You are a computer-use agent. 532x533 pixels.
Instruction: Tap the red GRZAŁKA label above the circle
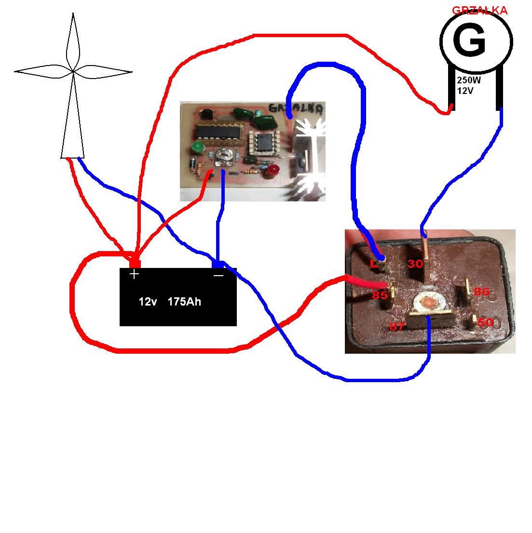coord(479,11)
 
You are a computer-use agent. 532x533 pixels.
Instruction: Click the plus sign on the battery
coord(134,274)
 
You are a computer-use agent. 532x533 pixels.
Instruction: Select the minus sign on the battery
coord(218,275)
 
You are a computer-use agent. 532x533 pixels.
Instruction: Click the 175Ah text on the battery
coord(184,302)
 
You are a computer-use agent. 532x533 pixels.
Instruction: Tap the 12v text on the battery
coord(148,302)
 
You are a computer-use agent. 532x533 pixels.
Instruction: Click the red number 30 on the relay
coord(415,264)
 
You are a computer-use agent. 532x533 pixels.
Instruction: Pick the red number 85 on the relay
coord(380,295)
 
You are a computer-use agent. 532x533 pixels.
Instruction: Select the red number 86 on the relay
coord(481,292)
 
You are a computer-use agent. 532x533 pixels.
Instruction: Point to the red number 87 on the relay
coord(397,326)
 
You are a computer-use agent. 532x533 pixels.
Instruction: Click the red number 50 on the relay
coord(485,322)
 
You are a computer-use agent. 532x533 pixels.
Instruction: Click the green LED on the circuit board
coord(196,147)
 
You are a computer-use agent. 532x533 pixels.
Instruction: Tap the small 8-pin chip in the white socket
coord(263,142)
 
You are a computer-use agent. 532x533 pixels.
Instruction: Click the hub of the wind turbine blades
coord(73,71)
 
